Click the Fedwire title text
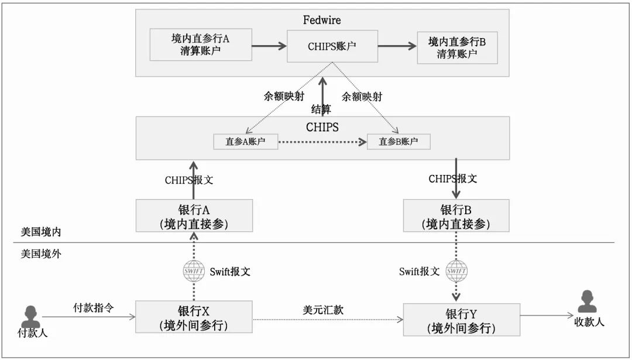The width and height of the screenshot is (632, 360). tap(322, 20)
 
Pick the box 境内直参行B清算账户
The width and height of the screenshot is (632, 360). tap(456, 47)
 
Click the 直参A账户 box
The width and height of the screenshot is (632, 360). tap(245, 141)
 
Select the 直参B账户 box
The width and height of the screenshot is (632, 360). tap(399, 141)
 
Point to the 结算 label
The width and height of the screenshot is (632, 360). tap(321, 109)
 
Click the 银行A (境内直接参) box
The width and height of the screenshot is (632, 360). tap(194, 215)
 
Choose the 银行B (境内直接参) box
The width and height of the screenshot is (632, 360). tap(456, 215)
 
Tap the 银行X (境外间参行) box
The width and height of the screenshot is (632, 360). tap(194, 317)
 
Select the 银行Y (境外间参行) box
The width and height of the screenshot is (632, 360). tap(462, 320)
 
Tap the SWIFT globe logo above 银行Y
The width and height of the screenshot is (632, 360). tap(456, 270)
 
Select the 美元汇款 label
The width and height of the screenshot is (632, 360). tap(322, 310)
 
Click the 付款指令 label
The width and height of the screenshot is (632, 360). tap(93, 308)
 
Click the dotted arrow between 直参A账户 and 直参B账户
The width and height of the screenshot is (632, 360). tap(322, 142)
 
